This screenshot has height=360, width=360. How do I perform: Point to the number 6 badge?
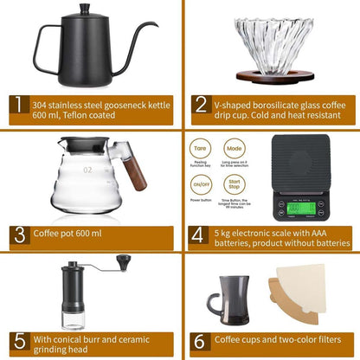[200, 340]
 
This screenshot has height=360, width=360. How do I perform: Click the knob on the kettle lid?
[85, 8]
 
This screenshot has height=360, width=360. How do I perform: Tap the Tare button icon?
[202, 149]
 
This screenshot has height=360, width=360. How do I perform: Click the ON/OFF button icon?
[202, 183]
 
